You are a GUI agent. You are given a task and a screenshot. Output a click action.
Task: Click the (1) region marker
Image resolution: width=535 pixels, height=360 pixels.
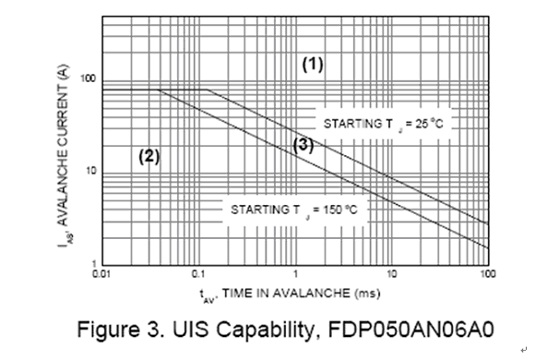pos(313,64)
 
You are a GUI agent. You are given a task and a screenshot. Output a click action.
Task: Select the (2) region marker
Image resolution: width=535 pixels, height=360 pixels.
pos(149,156)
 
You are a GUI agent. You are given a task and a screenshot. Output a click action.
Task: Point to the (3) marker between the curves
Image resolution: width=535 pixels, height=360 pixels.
pos(303,145)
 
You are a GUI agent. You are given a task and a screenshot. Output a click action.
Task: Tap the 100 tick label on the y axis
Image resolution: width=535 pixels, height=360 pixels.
pos(88,78)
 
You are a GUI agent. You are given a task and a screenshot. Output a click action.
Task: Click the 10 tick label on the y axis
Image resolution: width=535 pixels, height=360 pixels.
pos(91,171)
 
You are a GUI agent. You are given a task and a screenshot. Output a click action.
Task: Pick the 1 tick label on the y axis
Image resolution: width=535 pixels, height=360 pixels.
pos(94,263)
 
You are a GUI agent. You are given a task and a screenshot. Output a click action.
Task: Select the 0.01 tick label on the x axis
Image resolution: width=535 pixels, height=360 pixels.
pos(101,274)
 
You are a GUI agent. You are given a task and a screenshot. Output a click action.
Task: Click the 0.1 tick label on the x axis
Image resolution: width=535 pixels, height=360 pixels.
pos(198,274)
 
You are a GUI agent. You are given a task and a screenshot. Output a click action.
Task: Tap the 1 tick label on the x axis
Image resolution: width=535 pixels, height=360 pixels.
pos(295,274)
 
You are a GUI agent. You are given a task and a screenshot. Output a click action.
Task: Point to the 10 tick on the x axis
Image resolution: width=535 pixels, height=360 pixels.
pos(392,274)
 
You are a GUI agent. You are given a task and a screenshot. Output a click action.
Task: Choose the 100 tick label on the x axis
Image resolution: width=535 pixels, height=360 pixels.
pos(488,274)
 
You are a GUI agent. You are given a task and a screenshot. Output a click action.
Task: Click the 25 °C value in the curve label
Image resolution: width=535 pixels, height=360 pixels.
pos(429,124)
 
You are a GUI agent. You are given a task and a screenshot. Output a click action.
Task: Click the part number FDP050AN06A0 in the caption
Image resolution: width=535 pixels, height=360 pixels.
pos(410,330)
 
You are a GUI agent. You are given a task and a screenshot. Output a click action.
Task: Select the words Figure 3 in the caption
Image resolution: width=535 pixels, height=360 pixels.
pos(118,330)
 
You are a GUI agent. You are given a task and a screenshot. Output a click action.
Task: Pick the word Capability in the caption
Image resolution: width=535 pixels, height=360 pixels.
pos(263,330)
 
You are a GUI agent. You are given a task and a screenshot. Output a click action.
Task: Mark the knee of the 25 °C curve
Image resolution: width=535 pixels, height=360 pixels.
pos(207,90)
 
